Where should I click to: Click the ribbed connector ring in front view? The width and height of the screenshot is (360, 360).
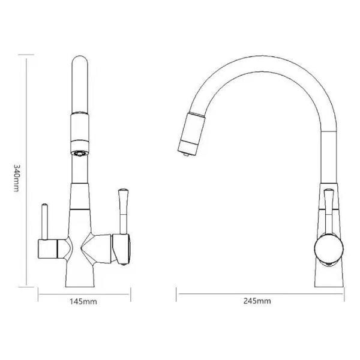pos(80,148)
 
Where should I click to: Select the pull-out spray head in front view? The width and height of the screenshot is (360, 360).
pos(81,126)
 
